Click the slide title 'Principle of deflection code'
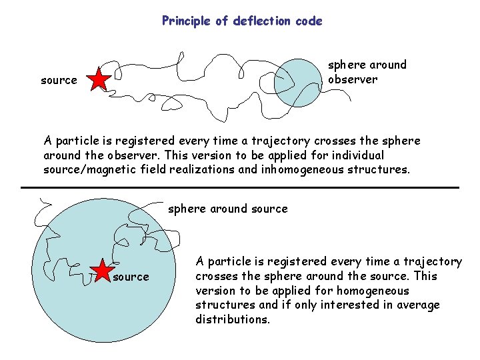pyautogui.click(x=242, y=21)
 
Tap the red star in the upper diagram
pyautogui.click(x=99, y=79)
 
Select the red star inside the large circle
pyautogui.click(x=102, y=272)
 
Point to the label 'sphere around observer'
pyautogui.click(x=367, y=72)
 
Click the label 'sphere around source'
pyautogui.click(x=228, y=209)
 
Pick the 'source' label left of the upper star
pyautogui.click(x=59, y=80)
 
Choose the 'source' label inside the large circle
pyautogui.click(x=131, y=277)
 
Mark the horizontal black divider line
pyautogui.click(x=240, y=188)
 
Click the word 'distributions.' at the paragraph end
pyautogui.click(x=232, y=319)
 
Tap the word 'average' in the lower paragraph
pyautogui.click(x=417, y=305)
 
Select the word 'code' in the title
pyautogui.click(x=309, y=21)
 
